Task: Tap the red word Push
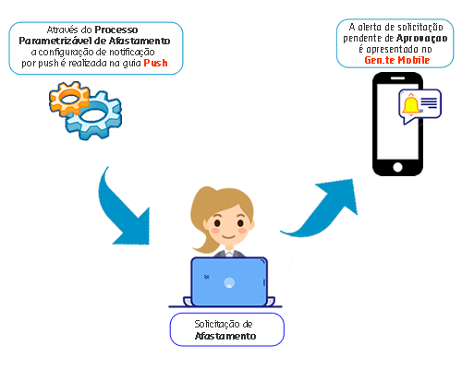(156, 63)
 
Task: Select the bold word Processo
(116, 30)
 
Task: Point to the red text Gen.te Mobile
(397, 60)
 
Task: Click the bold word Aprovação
(422, 39)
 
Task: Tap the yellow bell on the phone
(411, 105)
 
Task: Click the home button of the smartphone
(397, 167)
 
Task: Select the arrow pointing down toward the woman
(123, 212)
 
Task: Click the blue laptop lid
(229, 281)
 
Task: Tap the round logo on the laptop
(229, 282)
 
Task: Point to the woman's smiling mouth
(229, 236)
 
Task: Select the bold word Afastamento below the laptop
(225, 336)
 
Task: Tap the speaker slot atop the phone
(397, 78)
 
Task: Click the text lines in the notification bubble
(429, 102)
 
